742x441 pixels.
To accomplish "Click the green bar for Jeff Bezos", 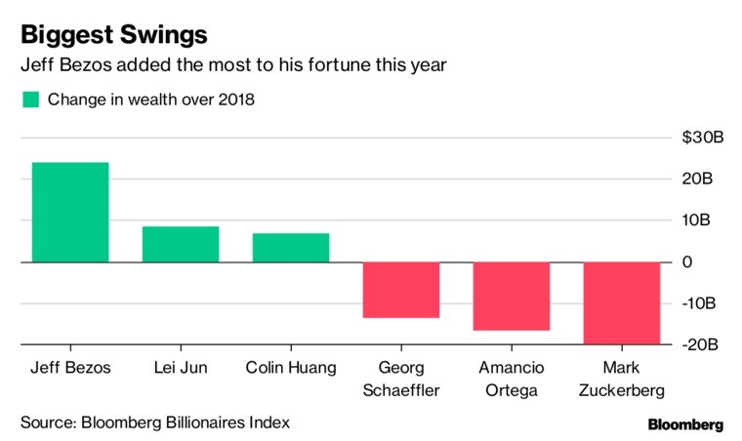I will [x=70, y=212].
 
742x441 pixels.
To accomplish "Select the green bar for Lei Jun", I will [x=181, y=244].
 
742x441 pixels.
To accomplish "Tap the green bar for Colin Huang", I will [x=291, y=248].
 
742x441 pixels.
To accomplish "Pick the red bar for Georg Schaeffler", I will [x=401, y=290].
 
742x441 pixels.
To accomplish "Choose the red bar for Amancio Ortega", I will [x=512, y=297].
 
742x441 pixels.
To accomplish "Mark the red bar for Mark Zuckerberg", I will [x=622, y=303].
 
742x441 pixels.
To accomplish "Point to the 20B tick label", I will [x=703, y=180].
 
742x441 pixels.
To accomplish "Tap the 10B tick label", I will [x=703, y=220].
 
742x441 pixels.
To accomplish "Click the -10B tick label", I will [x=701, y=303].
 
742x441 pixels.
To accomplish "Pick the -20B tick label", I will [x=701, y=344].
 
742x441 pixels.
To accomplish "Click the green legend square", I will [x=30, y=99].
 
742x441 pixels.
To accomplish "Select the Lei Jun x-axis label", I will [x=181, y=368].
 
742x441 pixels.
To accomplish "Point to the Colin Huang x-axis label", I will [x=291, y=368].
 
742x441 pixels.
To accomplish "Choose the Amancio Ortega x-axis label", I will [x=512, y=379].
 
